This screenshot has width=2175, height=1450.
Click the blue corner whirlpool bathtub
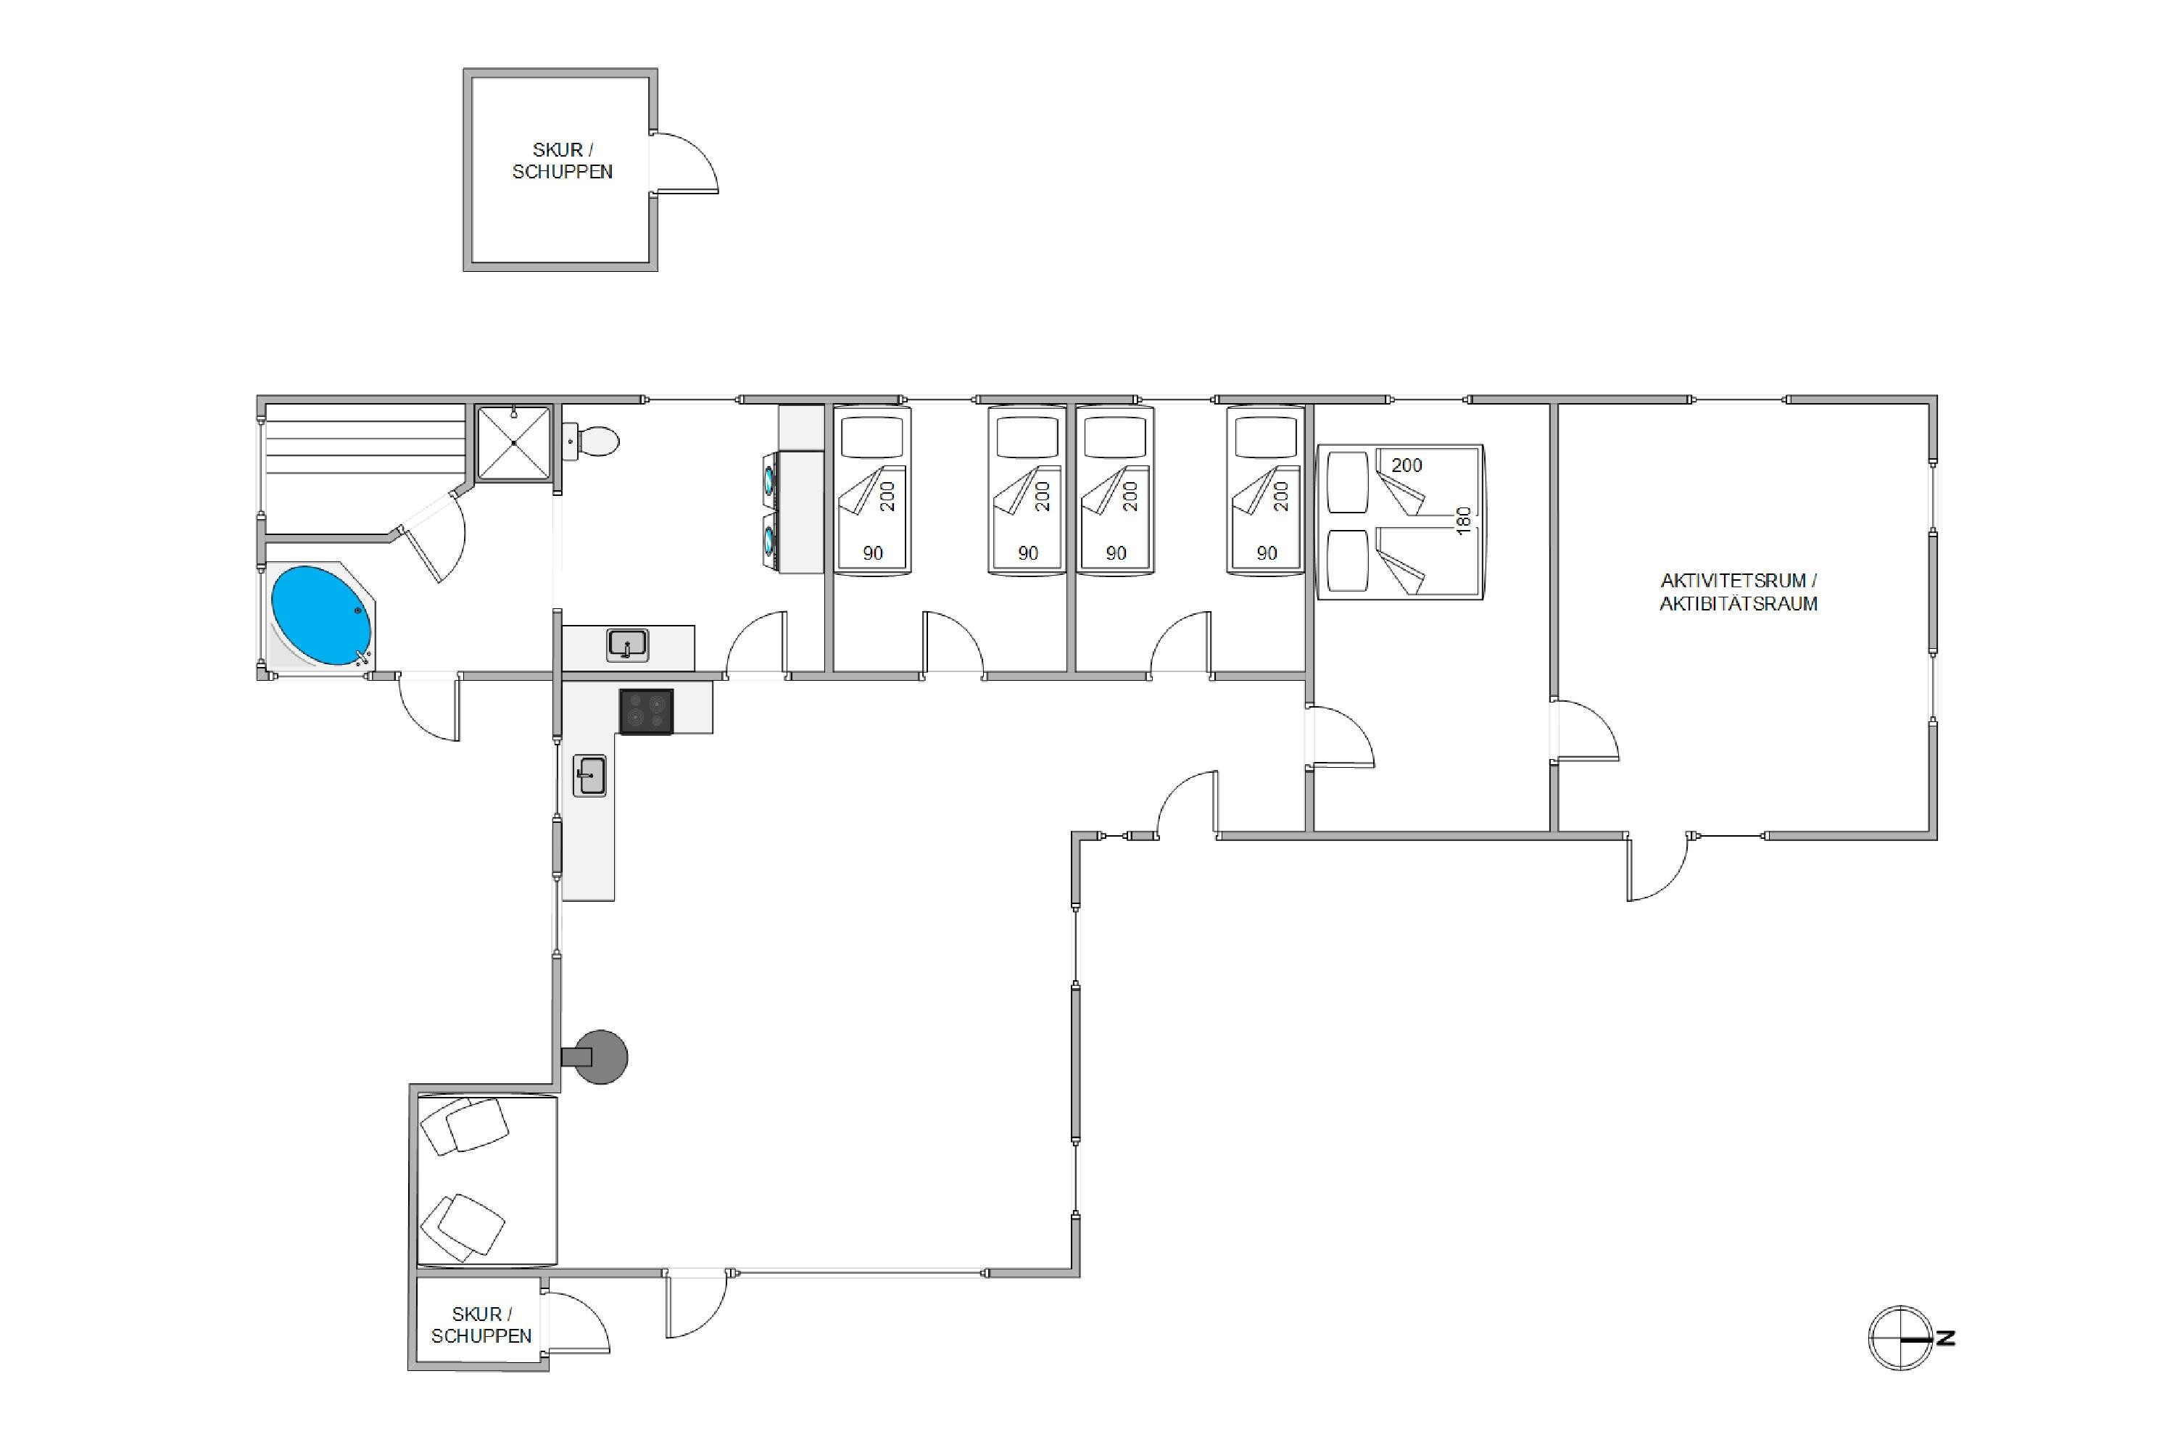tap(321, 615)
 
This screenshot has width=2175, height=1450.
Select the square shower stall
tap(513, 443)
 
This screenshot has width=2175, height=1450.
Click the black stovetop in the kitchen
tap(645, 711)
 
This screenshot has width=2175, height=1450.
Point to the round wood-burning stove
tap(600, 1056)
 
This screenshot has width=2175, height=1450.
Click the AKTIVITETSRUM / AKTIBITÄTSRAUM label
tap(1739, 592)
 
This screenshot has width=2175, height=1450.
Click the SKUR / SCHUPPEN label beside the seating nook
tap(481, 1325)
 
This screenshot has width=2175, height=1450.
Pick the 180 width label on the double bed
tap(1463, 520)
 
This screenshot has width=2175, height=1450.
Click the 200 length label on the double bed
tap(1406, 465)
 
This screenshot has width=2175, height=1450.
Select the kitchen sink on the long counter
tap(589, 775)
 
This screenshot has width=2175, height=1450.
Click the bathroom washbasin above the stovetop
tap(628, 645)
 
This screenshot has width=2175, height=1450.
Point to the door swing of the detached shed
tap(685, 162)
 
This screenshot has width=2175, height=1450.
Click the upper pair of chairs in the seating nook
tap(463, 1125)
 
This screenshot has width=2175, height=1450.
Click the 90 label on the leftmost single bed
tap(873, 553)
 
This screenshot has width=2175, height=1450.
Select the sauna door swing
tap(433, 536)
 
